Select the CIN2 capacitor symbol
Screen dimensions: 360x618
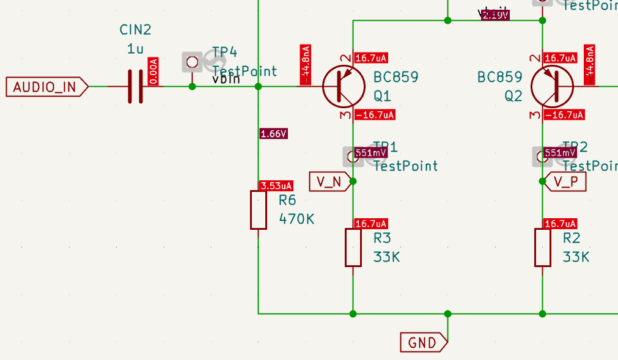click(x=135, y=86)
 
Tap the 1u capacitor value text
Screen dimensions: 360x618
click(x=135, y=49)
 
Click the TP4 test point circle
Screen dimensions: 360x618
click(x=193, y=61)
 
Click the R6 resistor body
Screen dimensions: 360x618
click(x=259, y=210)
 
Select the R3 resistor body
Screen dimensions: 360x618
click(x=353, y=248)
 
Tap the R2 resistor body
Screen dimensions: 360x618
click(x=543, y=248)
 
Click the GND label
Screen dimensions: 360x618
click(x=422, y=342)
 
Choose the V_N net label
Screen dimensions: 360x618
click(x=331, y=181)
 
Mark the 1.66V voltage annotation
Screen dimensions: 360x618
click(x=273, y=134)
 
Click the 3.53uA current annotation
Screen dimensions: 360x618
click(x=276, y=186)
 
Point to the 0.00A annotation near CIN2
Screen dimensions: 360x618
click(x=153, y=72)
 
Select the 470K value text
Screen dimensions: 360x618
click(x=296, y=218)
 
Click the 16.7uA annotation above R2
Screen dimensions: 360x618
click(x=560, y=224)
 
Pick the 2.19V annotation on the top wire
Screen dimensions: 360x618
click(x=495, y=15)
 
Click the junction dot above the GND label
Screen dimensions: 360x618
click(x=447, y=314)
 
